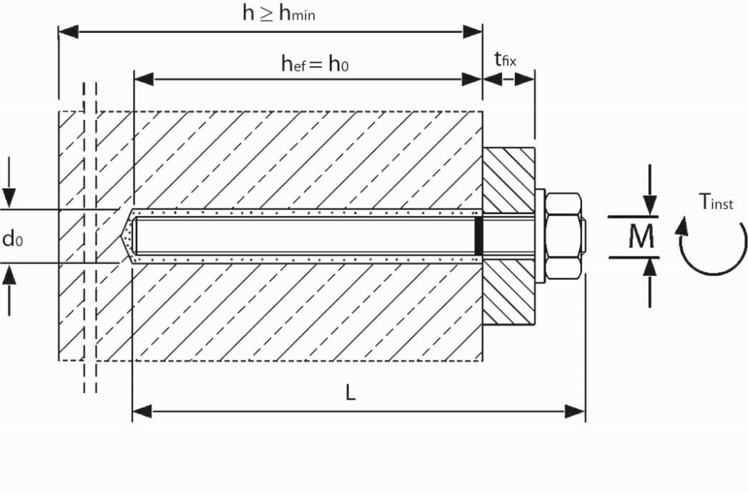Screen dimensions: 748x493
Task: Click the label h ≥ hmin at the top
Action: pyautogui.click(x=278, y=13)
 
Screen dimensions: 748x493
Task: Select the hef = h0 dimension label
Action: pyautogui.click(x=315, y=64)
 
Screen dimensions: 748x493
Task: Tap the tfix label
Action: pyautogui.click(x=505, y=60)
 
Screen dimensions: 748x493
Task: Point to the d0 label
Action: pyautogui.click(x=12, y=238)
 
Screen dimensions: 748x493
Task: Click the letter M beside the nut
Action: pyautogui.click(x=641, y=237)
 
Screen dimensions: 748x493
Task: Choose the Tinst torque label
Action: pyautogui.click(x=716, y=202)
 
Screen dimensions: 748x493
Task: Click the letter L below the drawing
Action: pyautogui.click(x=351, y=393)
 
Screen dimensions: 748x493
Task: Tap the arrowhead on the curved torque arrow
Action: pyautogui.click(x=683, y=226)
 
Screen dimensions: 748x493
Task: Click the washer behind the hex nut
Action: pyautogui.click(x=540, y=236)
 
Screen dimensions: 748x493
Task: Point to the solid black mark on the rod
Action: pyautogui.click(x=478, y=236)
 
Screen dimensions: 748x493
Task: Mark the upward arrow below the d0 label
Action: pyautogui.click(x=9, y=289)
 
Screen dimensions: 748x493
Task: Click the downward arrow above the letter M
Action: pyautogui.click(x=649, y=190)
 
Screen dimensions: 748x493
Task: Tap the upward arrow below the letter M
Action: pyautogui.click(x=649, y=283)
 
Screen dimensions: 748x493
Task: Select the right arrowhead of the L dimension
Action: pyautogui.click(x=575, y=411)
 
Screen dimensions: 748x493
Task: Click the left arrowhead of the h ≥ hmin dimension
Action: pyautogui.click(x=68, y=32)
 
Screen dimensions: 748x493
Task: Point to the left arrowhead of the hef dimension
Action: pyautogui.click(x=144, y=79)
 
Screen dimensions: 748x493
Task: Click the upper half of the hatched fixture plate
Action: pyautogui.click(x=508, y=180)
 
